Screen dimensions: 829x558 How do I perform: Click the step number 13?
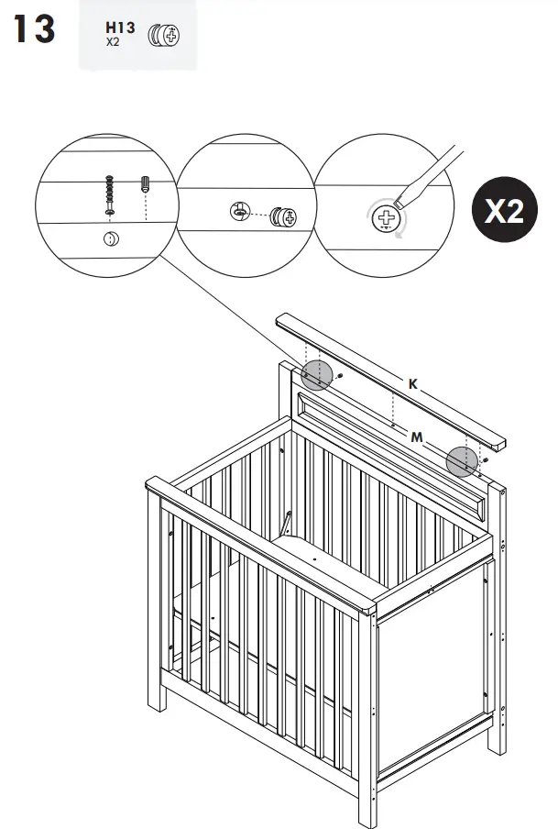tap(34, 29)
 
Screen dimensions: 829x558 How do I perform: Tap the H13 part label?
tap(120, 28)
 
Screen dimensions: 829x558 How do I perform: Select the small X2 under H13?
tap(112, 42)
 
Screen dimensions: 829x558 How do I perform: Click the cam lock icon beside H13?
tap(164, 37)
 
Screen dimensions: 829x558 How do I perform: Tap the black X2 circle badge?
tap(503, 211)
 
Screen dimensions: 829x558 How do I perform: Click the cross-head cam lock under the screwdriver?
tap(387, 218)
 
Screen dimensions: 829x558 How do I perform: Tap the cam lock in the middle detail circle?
tap(285, 217)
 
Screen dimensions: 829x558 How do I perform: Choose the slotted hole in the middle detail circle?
tap(238, 212)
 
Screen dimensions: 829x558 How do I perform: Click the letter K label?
tap(413, 385)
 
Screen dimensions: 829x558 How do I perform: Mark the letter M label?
tap(417, 437)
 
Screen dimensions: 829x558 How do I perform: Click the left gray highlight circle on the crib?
tap(315, 374)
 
